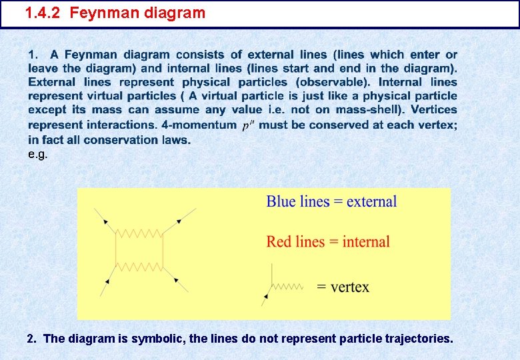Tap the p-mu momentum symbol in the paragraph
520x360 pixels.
(x=247, y=125)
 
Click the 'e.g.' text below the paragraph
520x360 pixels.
(x=37, y=154)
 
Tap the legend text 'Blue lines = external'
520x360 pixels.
(x=331, y=201)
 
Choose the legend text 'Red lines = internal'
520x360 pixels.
(x=328, y=241)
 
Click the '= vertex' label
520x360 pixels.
(x=343, y=287)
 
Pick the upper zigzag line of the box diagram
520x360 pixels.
(x=139, y=233)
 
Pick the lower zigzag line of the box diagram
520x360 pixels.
(x=139, y=267)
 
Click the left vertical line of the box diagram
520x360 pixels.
(x=117, y=250)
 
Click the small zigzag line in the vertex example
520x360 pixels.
(x=287, y=287)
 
